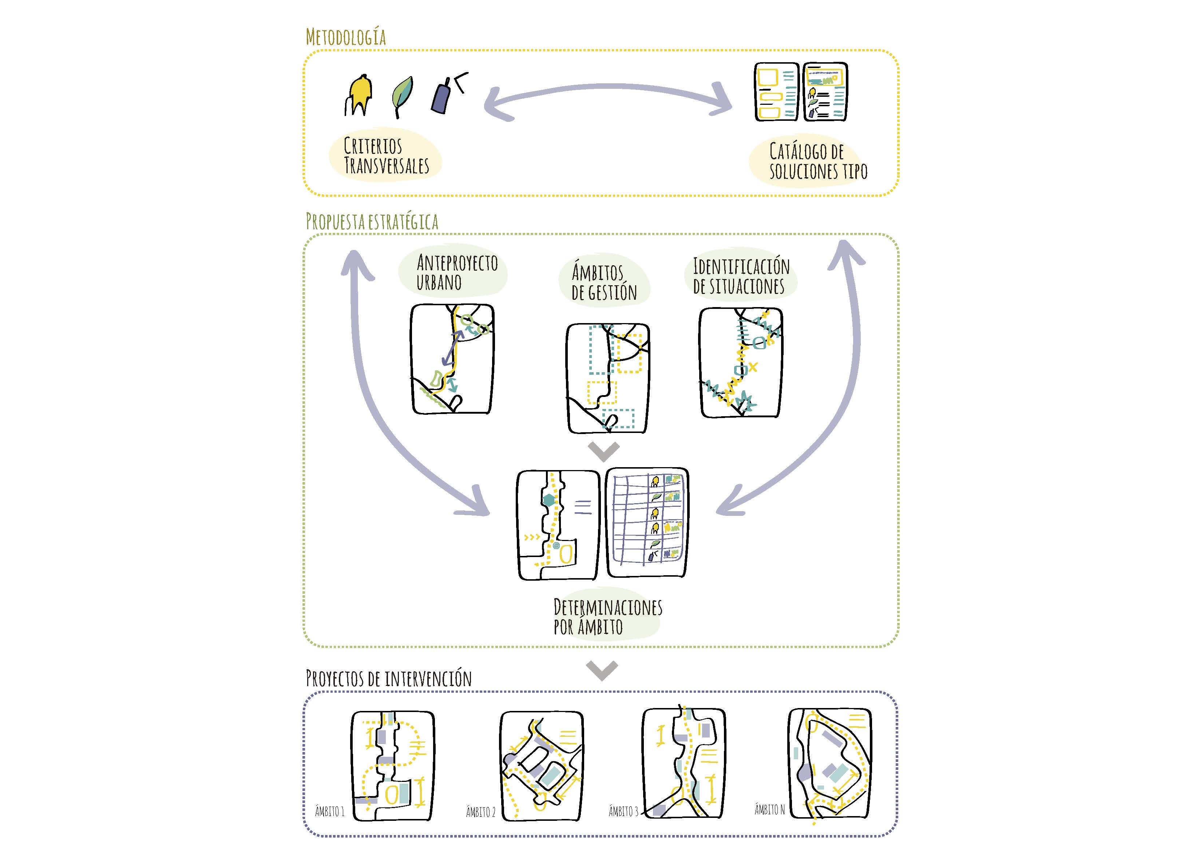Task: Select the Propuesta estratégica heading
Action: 372,222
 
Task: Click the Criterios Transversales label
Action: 386,155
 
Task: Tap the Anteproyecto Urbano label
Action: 456,272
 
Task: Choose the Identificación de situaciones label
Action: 740,276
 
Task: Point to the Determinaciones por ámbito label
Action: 607,617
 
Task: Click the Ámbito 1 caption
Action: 329,812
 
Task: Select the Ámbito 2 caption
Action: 480,812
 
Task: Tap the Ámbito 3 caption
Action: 623,812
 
